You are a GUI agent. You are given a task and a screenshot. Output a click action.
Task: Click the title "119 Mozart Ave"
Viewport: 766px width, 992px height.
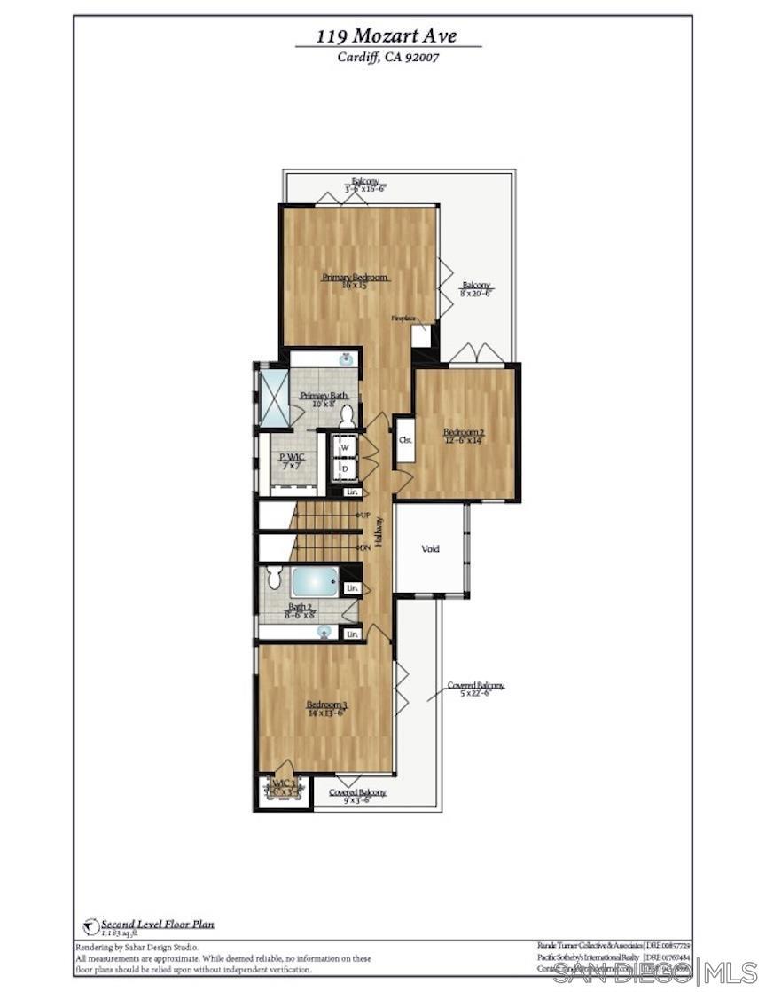pos(387,36)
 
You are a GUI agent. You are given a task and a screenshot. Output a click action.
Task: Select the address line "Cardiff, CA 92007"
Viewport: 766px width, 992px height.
pos(387,58)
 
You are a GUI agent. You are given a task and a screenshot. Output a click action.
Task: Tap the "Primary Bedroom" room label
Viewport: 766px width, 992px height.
pos(356,278)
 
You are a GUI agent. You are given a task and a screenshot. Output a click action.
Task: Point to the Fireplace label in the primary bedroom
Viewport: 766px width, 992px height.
pos(403,318)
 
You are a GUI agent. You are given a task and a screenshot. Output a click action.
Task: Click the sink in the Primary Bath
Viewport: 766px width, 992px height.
pos(347,359)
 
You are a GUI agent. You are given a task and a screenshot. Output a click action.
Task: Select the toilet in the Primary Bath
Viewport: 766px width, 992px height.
pos(347,415)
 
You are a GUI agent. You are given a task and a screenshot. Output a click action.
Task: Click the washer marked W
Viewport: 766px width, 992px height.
pos(344,448)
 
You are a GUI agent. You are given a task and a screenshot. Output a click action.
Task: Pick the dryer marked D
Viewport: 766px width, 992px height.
pos(344,468)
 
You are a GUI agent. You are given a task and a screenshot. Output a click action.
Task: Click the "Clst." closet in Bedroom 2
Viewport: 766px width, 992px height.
pos(404,439)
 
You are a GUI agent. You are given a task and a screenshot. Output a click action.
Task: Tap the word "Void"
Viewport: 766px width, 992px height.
pos(429,549)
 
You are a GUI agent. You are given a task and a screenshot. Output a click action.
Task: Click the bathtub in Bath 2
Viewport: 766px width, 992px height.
pos(314,582)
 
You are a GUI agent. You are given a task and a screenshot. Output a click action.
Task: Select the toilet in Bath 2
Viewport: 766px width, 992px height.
pos(274,579)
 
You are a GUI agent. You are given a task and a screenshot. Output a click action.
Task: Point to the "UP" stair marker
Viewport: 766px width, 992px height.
pos(364,516)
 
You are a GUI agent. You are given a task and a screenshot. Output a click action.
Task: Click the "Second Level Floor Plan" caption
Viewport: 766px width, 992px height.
pos(157,924)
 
